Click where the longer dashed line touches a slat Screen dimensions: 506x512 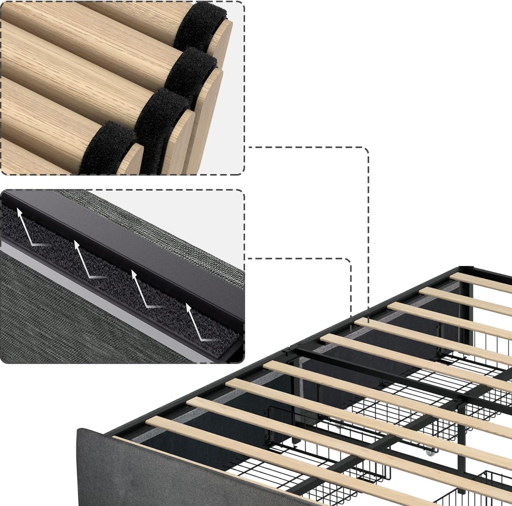point(368,321)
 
